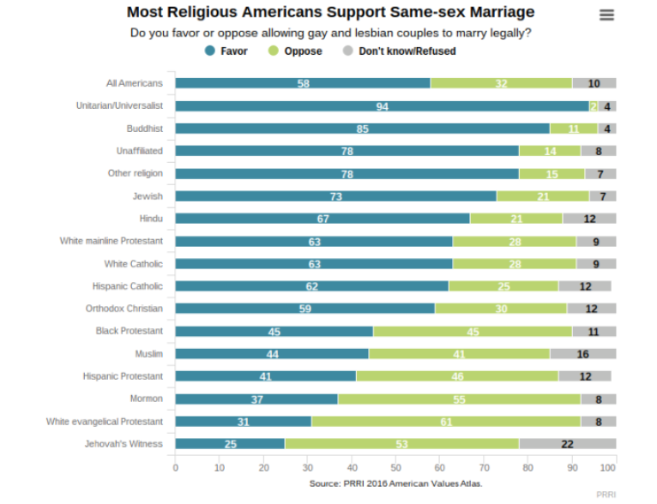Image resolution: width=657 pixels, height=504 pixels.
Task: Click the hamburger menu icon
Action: (606, 15)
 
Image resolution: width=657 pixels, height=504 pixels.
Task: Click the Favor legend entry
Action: (227, 51)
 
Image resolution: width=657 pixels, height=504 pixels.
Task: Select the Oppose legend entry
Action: (296, 51)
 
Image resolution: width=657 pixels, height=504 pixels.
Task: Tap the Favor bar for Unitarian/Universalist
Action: (382, 106)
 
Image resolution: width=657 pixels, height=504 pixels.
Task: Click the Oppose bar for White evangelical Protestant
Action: (446, 421)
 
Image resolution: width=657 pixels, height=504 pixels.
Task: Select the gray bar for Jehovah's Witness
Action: (567, 443)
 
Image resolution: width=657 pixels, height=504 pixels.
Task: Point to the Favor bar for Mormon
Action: (256, 399)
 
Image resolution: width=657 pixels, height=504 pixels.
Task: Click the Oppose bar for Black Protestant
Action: (473, 331)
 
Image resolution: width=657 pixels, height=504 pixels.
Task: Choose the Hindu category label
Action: (151, 219)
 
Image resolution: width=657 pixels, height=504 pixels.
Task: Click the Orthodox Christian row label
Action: (124, 309)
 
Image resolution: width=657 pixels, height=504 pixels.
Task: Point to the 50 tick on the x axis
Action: (395, 469)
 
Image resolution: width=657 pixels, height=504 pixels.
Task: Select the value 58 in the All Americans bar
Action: (304, 83)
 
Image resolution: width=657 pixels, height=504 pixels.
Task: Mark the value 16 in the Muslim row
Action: (583, 353)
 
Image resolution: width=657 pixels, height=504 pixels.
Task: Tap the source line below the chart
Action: (395, 483)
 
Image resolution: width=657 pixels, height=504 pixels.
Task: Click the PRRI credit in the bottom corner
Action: (606, 495)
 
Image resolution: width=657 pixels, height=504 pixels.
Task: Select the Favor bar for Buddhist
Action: (362, 129)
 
